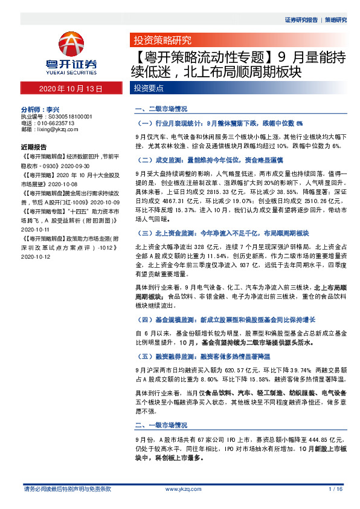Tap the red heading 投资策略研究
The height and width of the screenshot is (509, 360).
(162, 41)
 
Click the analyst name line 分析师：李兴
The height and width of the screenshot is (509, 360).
(44, 109)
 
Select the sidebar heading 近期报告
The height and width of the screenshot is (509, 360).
(33, 147)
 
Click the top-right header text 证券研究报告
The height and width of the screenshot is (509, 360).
(301, 20)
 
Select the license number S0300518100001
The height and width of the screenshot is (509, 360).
(68, 116)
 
